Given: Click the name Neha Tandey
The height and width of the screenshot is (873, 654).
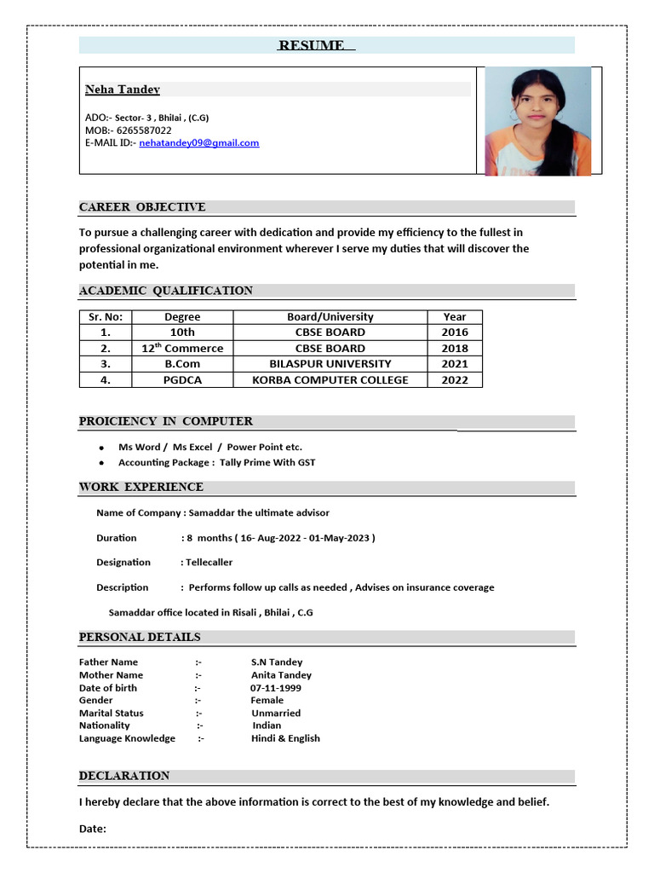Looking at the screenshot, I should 123,90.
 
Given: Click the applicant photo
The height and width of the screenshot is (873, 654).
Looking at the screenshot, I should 537,121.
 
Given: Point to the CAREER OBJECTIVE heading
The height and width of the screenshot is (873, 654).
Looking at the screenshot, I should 142,207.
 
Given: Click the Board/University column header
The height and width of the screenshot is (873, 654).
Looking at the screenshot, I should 330,317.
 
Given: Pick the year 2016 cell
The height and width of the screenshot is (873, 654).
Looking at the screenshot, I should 454,332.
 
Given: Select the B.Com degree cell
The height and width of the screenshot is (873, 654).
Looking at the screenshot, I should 182,364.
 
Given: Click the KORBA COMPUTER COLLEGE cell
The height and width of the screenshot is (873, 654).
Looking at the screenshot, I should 330,380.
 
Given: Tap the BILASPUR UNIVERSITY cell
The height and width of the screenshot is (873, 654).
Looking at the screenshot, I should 330,364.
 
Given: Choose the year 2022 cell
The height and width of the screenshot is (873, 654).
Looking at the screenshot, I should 454,380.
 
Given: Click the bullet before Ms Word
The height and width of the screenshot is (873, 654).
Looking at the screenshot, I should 101,448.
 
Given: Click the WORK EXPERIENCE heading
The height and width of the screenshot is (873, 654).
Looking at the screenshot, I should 141,487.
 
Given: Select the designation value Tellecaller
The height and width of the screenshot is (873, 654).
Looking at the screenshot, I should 209,563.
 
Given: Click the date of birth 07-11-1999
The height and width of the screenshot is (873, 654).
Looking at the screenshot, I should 275,688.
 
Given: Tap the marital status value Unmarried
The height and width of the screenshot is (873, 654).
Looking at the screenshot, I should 276,713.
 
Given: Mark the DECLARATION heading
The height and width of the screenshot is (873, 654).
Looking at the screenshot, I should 124,776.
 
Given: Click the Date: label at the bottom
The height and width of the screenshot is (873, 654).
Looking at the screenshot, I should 93,829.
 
